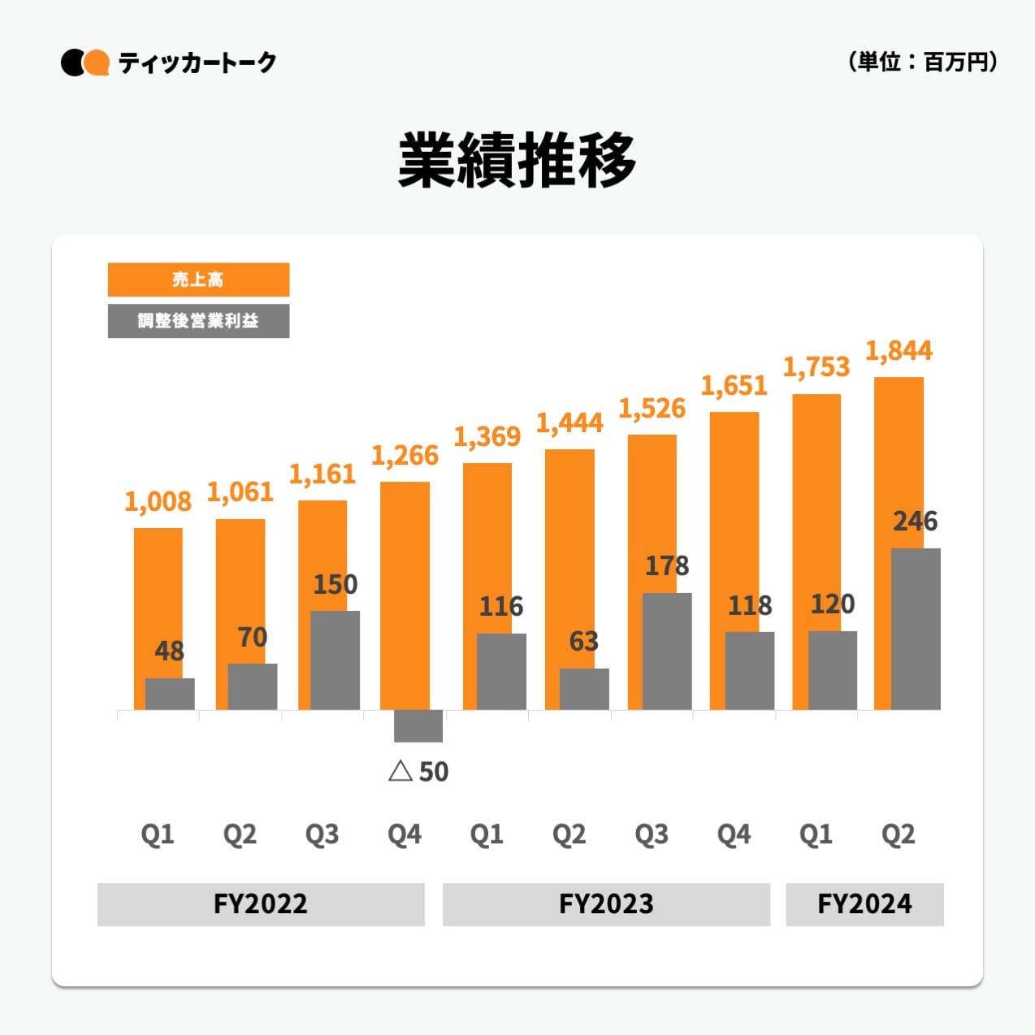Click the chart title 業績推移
pyautogui.click(x=517, y=160)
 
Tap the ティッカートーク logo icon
pyautogui.click(x=85, y=63)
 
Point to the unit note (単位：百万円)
pyautogui.click(x=923, y=62)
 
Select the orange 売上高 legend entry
pyautogui.click(x=198, y=279)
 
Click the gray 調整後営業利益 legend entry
pyautogui.click(x=198, y=321)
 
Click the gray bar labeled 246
pyautogui.click(x=916, y=629)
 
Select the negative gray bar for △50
pyautogui.click(x=418, y=725)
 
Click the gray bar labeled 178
pyautogui.click(x=667, y=651)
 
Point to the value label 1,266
pyautogui.click(x=405, y=456)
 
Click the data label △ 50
pyautogui.click(x=419, y=771)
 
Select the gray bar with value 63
pyautogui.click(x=584, y=689)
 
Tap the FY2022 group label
pyautogui.click(x=261, y=904)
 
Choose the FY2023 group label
pyautogui.click(x=606, y=904)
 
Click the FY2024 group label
pyautogui.click(x=864, y=904)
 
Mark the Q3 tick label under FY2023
pyautogui.click(x=652, y=834)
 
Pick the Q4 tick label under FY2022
pyautogui.click(x=405, y=834)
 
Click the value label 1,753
pyautogui.click(x=816, y=367)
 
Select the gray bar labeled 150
pyautogui.click(x=335, y=660)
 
